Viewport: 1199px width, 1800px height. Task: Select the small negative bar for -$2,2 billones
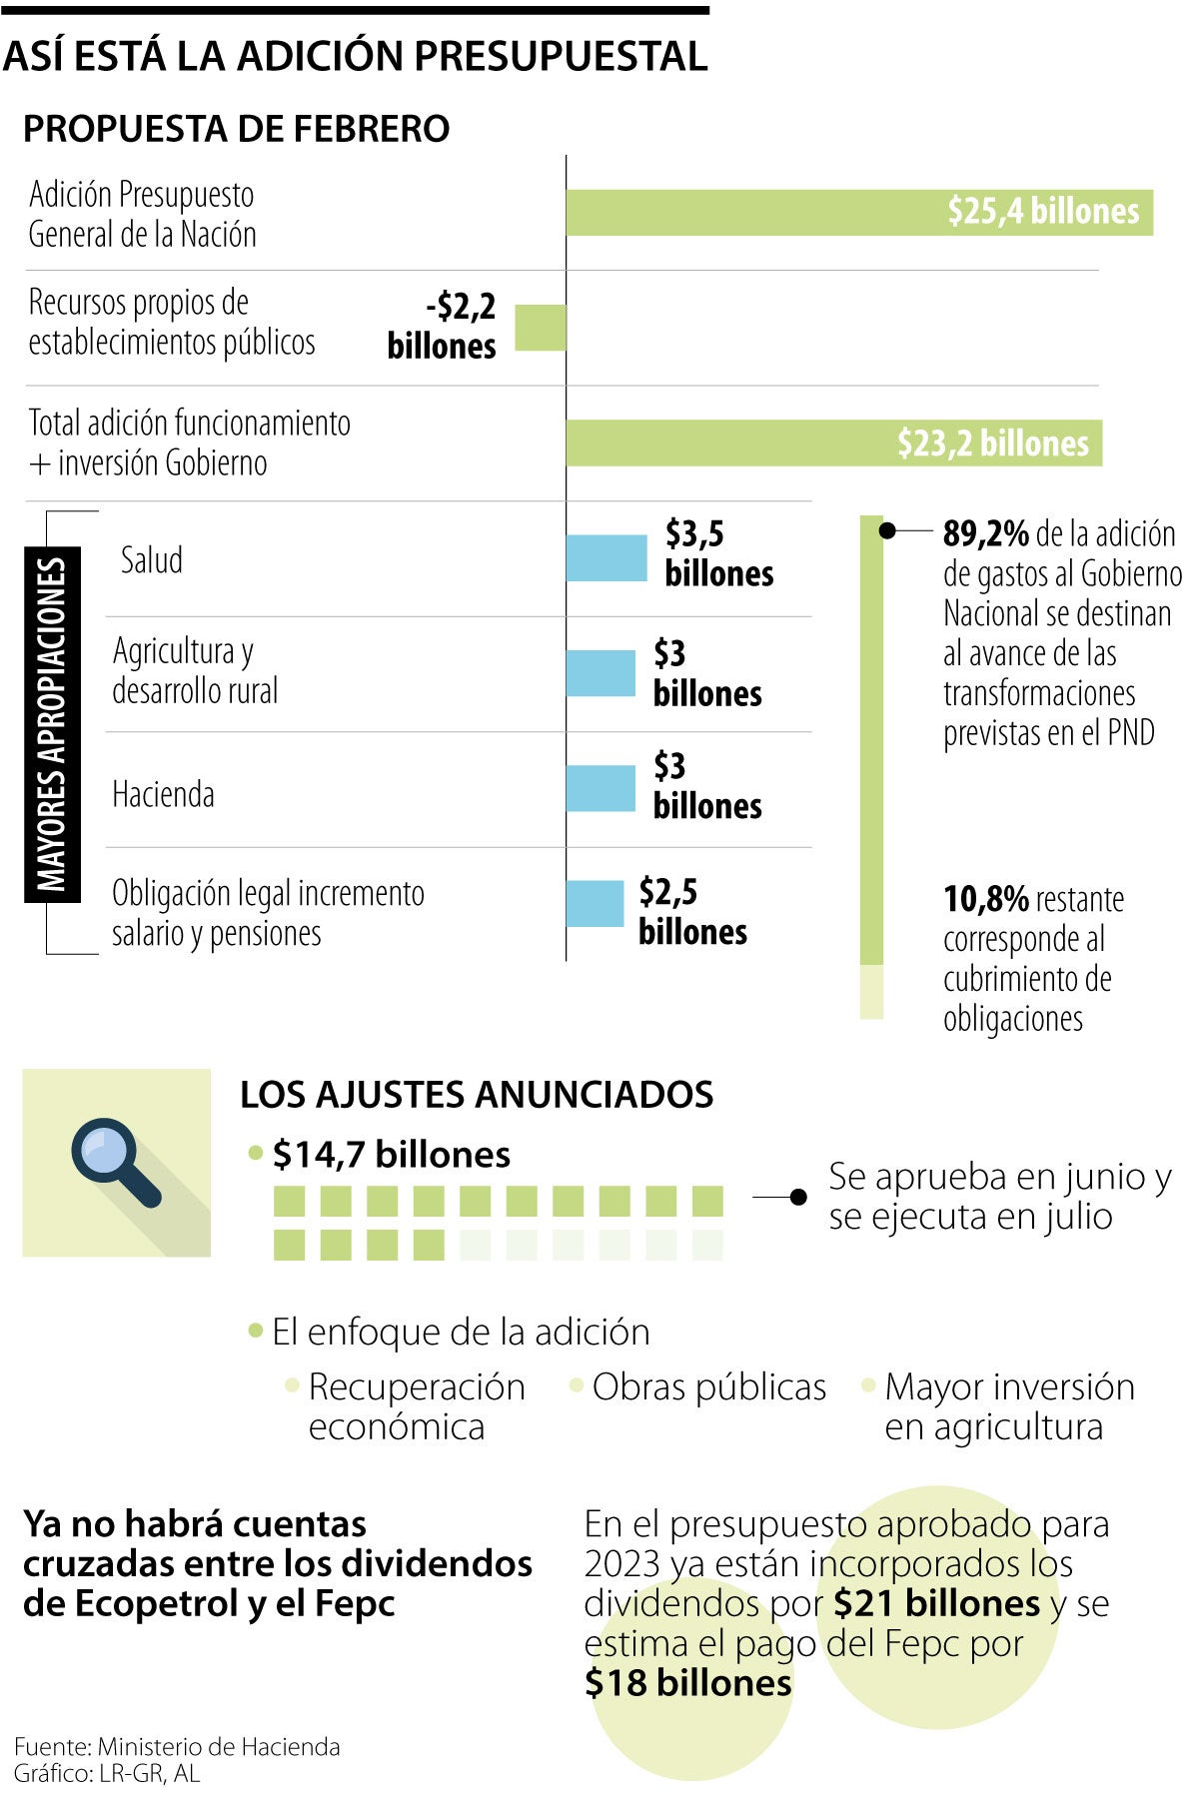541,328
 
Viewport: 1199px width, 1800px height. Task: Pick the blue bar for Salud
606,557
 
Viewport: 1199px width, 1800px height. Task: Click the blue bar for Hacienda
600,788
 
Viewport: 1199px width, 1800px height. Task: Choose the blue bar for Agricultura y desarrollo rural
600,673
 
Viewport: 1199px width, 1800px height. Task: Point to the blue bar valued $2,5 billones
595,903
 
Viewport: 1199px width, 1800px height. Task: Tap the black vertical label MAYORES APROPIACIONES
52,724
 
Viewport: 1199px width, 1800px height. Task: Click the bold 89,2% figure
985,534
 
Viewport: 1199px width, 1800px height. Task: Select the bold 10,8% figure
985,899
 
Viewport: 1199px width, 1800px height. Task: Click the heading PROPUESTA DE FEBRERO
236,129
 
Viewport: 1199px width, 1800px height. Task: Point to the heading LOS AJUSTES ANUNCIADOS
477,1095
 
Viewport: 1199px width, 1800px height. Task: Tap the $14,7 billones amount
391,1155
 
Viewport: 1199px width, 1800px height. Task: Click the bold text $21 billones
936,1603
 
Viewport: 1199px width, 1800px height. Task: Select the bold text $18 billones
687,1683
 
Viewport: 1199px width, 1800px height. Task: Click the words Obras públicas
708,1386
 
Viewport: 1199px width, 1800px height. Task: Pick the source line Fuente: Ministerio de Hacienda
177,1746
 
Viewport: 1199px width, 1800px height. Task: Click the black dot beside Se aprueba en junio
798,1196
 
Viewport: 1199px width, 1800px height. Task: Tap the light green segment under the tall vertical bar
871,991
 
